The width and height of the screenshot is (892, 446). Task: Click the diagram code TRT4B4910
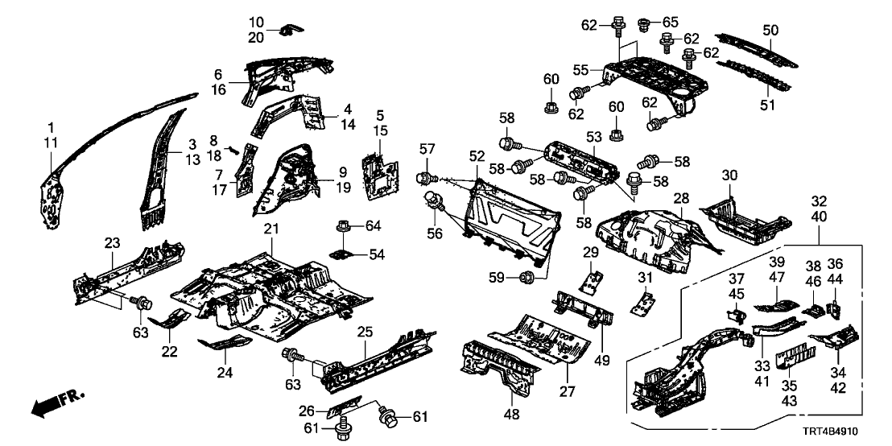846,431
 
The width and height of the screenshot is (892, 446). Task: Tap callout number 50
770,30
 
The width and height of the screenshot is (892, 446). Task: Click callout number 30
729,176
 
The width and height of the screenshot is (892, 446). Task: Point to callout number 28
682,198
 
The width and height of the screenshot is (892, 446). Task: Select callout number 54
378,255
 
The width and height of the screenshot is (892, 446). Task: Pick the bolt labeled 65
645,23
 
